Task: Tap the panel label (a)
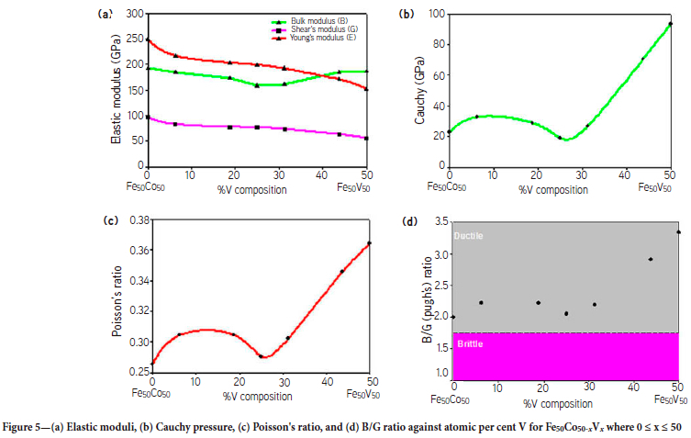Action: coord(105,14)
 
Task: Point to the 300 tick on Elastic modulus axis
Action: coord(136,14)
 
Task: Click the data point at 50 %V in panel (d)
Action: coord(678,232)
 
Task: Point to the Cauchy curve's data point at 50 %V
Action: coord(670,24)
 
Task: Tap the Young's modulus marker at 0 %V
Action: coord(148,40)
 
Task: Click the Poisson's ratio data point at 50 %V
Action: coord(370,243)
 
